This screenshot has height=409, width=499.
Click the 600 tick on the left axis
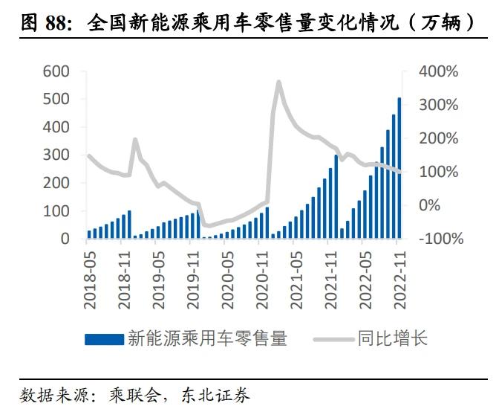click(56, 71)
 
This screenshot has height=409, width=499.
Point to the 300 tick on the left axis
click(56, 155)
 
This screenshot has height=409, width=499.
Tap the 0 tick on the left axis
click(65, 239)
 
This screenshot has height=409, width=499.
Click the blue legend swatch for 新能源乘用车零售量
click(104, 339)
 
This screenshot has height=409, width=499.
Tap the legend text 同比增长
click(391, 339)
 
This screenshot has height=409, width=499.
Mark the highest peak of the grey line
click(278, 82)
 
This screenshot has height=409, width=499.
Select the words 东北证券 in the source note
click(226, 393)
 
